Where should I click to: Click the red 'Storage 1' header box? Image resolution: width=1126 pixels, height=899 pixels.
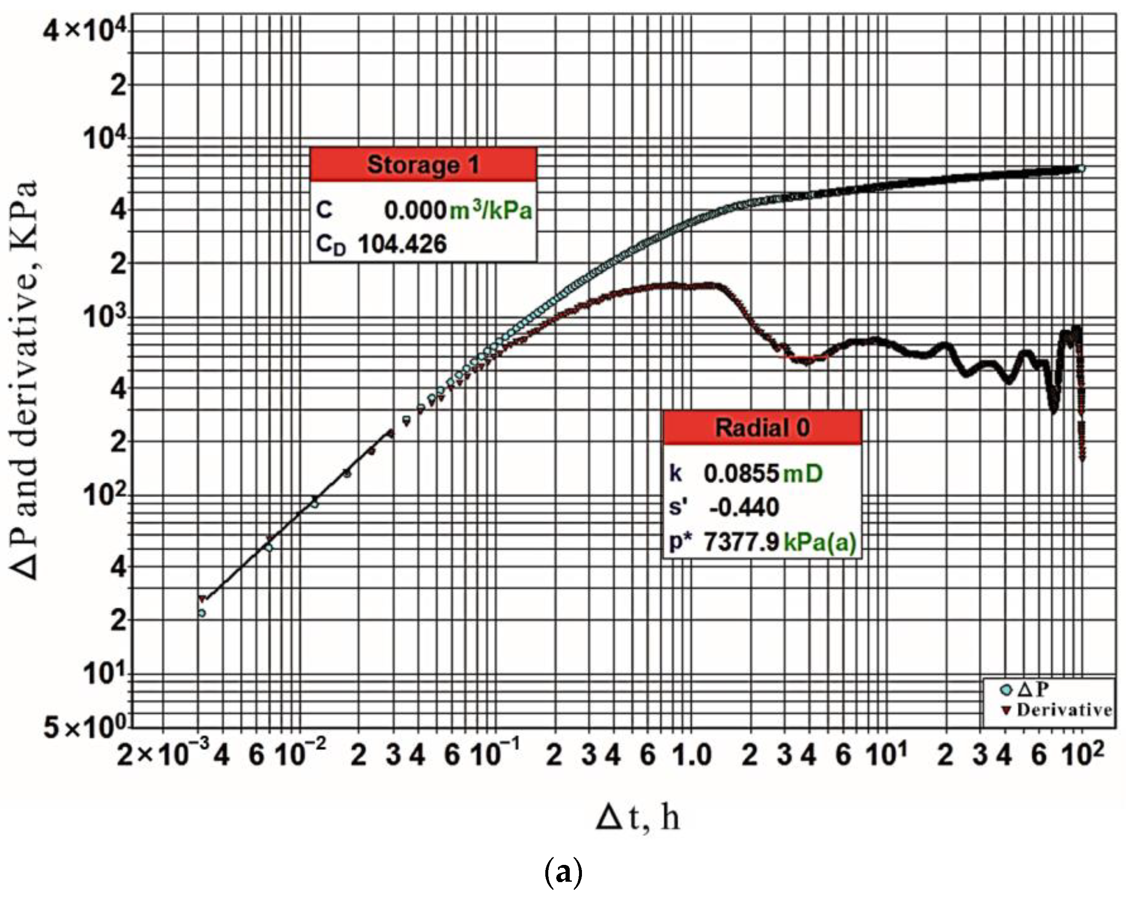tap(423, 165)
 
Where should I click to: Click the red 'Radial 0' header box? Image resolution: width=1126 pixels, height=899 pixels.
tap(762, 428)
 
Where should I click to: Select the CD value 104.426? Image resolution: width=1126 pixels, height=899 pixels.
tap(402, 244)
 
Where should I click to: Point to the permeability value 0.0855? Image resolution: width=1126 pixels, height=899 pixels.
tap(741, 473)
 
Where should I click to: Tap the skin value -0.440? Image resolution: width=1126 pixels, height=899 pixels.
tap(744, 507)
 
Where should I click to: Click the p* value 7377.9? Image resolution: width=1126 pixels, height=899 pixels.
tap(741, 542)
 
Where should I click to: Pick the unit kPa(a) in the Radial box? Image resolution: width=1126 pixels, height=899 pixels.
tap(820, 543)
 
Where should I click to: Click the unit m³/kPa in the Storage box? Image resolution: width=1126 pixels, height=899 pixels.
tap(491, 209)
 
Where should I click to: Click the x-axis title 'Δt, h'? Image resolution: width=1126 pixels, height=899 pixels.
tap(638, 818)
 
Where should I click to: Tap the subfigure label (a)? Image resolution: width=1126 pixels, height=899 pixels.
tap(563, 873)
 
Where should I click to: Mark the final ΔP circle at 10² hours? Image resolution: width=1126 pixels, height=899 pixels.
tap(1081, 168)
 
